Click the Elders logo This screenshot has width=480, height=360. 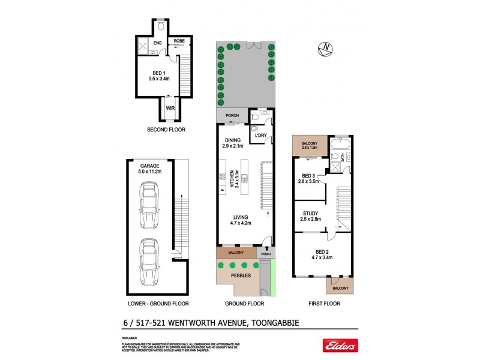tap(340, 346)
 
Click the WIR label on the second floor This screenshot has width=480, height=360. tap(171, 109)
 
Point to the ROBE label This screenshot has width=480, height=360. tap(179, 41)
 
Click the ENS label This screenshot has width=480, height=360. tap(157, 44)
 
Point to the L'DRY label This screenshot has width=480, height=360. tap(261, 136)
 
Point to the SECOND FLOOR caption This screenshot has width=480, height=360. tap(166, 130)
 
